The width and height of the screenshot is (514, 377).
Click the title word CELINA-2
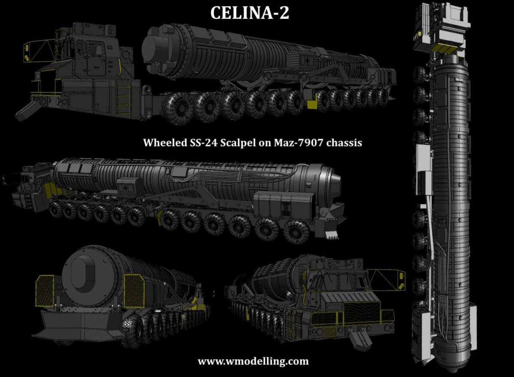coord(250,13)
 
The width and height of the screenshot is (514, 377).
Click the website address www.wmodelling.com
coord(253,361)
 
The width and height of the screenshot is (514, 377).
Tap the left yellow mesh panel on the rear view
coord(44,291)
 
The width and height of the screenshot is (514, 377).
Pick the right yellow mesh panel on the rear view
coord(134,291)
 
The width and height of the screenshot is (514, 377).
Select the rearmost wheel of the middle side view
coord(296,232)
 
